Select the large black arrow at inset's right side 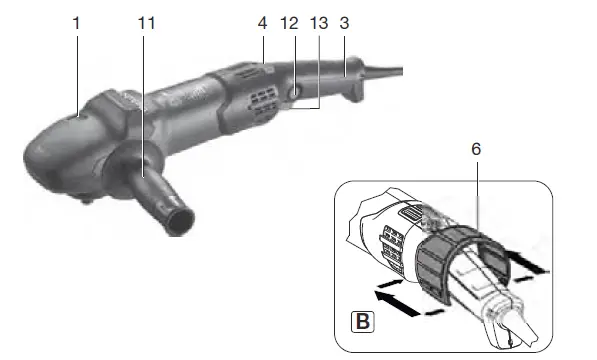pyautogui.click(x=529, y=263)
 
